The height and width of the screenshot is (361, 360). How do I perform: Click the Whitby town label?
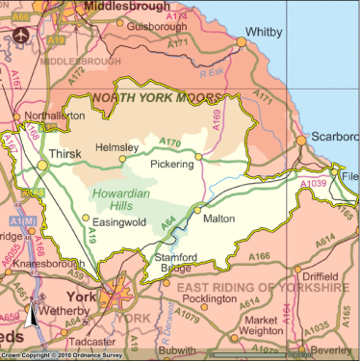coord(264,32)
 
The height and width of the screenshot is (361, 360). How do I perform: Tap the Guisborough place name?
coord(154,27)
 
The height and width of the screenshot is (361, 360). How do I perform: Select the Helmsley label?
coord(116,148)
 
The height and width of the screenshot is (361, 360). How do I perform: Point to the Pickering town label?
coord(172,165)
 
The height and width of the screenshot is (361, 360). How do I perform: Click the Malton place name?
coord(219,219)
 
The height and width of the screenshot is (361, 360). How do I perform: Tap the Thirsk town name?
coord(64,154)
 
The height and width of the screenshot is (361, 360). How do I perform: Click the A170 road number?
coord(169,144)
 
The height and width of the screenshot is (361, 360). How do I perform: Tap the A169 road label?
coord(218,118)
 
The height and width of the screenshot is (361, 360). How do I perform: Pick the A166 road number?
coord(259,257)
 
